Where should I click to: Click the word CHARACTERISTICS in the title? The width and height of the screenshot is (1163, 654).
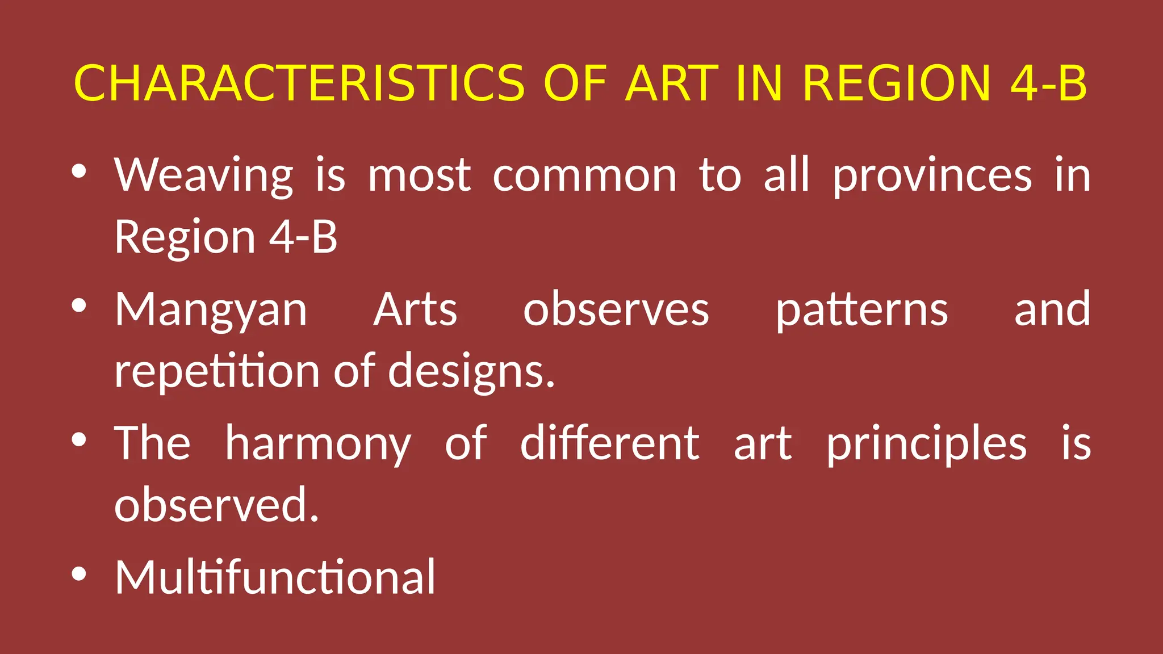[299, 83]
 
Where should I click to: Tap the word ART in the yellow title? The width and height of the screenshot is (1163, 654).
[672, 83]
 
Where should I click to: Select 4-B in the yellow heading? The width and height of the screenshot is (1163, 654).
[1048, 83]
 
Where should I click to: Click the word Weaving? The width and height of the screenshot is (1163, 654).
[204, 176]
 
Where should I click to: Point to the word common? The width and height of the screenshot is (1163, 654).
[584, 176]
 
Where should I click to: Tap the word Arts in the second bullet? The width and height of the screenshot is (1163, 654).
[415, 309]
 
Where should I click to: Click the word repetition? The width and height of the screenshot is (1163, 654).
[217, 371]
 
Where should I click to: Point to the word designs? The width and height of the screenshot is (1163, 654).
[471, 371]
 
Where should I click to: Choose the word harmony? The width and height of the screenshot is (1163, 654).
[318, 445]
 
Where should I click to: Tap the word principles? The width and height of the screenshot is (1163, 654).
[926, 445]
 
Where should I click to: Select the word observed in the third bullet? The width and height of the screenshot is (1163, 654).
[216, 504]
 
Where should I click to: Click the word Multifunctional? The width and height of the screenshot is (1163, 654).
[275, 577]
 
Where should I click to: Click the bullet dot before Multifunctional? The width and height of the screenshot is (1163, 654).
[79, 573]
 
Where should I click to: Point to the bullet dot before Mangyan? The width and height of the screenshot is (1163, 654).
[79, 305]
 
